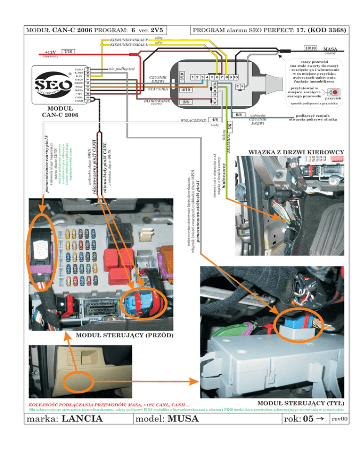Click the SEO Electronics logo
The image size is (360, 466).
click(50, 85)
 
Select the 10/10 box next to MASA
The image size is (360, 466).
click(309, 48)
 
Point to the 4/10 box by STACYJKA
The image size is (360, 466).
click(186, 90)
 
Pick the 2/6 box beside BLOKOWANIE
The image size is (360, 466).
click(186, 102)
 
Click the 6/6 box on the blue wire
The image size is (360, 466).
click(239, 114)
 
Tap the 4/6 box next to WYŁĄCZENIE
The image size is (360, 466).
click(214, 120)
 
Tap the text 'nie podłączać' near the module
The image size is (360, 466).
click(121, 69)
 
